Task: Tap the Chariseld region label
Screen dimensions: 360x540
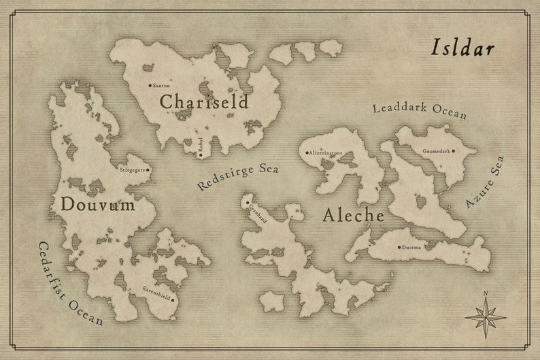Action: (203, 102)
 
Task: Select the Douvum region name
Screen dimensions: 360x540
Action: (97, 203)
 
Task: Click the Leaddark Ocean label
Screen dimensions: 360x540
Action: (420, 111)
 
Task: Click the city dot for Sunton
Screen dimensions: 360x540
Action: (150, 86)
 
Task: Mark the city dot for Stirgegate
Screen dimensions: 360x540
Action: (148, 169)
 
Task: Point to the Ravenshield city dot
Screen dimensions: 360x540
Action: (173, 299)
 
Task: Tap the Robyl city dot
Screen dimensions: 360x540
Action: (201, 154)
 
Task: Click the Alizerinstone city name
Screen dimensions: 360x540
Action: (326, 154)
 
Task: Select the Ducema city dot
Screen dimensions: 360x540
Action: (399, 246)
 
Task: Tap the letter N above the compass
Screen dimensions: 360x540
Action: (486, 294)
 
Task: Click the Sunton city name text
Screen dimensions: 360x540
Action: (161, 86)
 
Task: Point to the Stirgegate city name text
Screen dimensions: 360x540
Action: (132, 169)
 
